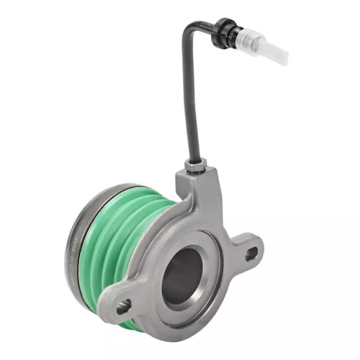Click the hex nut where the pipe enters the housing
coord(197,167)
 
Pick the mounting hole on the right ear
coord(251,253)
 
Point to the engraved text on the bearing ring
coord(73,241)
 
